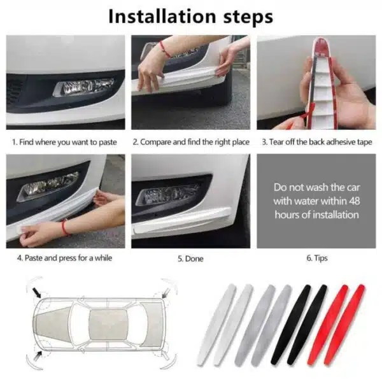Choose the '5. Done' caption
pyautogui.click(x=190, y=258)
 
